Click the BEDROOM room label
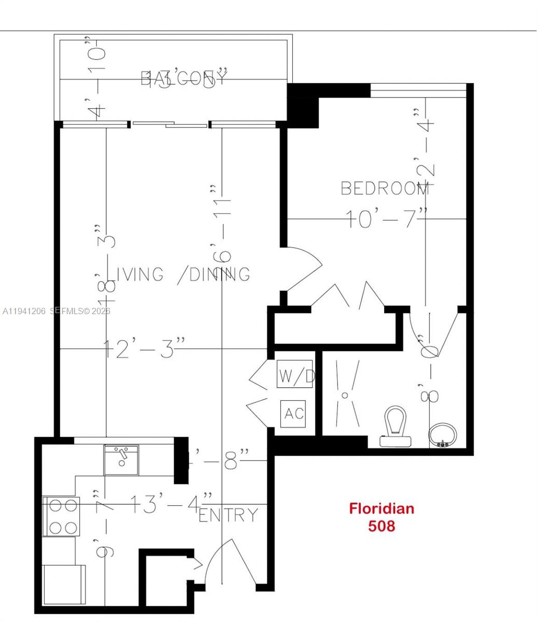385,188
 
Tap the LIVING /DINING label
181,274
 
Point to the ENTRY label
229,515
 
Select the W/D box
295,374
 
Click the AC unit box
293,414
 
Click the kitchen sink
121,460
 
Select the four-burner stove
61,516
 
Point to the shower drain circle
345,395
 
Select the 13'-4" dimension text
171,504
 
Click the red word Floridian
381,508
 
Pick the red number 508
381,526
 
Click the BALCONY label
184,78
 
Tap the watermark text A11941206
24,311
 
